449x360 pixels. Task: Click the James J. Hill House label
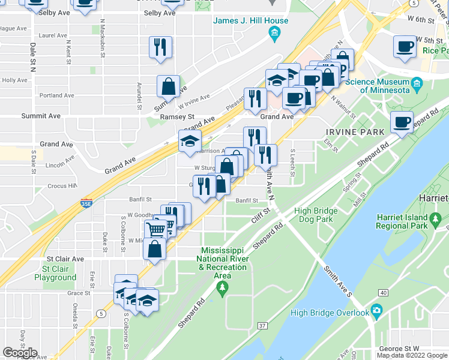click(x=251, y=21)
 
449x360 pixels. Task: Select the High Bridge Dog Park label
click(x=322, y=215)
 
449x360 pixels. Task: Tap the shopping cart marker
click(x=155, y=229)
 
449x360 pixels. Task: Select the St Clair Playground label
click(x=55, y=273)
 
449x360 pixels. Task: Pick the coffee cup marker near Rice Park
click(x=405, y=46)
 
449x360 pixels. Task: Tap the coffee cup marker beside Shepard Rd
click(x=402, y=122)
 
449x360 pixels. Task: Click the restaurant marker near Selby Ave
click(x=160, y=47)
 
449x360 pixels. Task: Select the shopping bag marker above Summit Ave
click(x=168, y=86)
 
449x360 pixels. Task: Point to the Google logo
click(x=19, y=353)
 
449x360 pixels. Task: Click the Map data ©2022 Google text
click(x=412, y=355)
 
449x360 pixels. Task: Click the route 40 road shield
click(x=382, y=292)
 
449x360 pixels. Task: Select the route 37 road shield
click(x=262, y=326)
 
